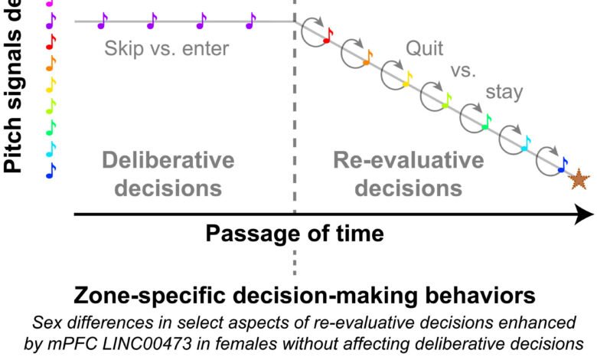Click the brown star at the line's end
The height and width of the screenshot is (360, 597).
tap(580, 179)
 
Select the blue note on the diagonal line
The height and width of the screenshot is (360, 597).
tap(563, 164)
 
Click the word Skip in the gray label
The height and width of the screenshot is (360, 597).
tap(119, 50)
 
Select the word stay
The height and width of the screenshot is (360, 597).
tap(504, 93)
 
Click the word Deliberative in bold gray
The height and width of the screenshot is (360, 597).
tap(168, 161)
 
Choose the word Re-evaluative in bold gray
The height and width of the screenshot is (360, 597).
tap(409, 161)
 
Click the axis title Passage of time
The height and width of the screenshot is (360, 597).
tap(294, 232)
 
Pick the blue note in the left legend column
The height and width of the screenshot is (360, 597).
tap(51, 170)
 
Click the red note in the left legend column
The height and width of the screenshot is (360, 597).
tap(51, 39)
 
